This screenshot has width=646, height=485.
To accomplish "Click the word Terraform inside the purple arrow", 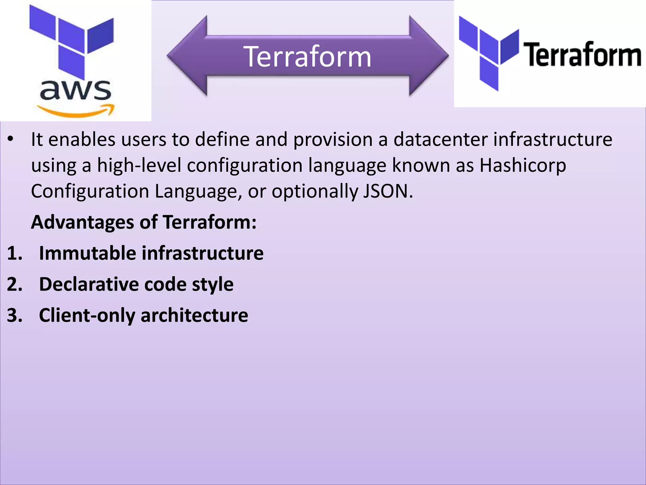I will [x=307, y=57].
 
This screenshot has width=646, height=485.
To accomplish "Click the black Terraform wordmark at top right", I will [x=582, y=55].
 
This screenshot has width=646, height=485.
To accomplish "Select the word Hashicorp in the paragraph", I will [x=523, y=165].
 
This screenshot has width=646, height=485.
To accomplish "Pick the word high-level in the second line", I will [x=139, y=165].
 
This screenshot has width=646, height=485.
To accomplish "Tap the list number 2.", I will [x=14, y=284].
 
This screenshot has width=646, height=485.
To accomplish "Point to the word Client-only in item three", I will [x=87, y=315].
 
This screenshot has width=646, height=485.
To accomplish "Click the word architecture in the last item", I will [x=194, y=315].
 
